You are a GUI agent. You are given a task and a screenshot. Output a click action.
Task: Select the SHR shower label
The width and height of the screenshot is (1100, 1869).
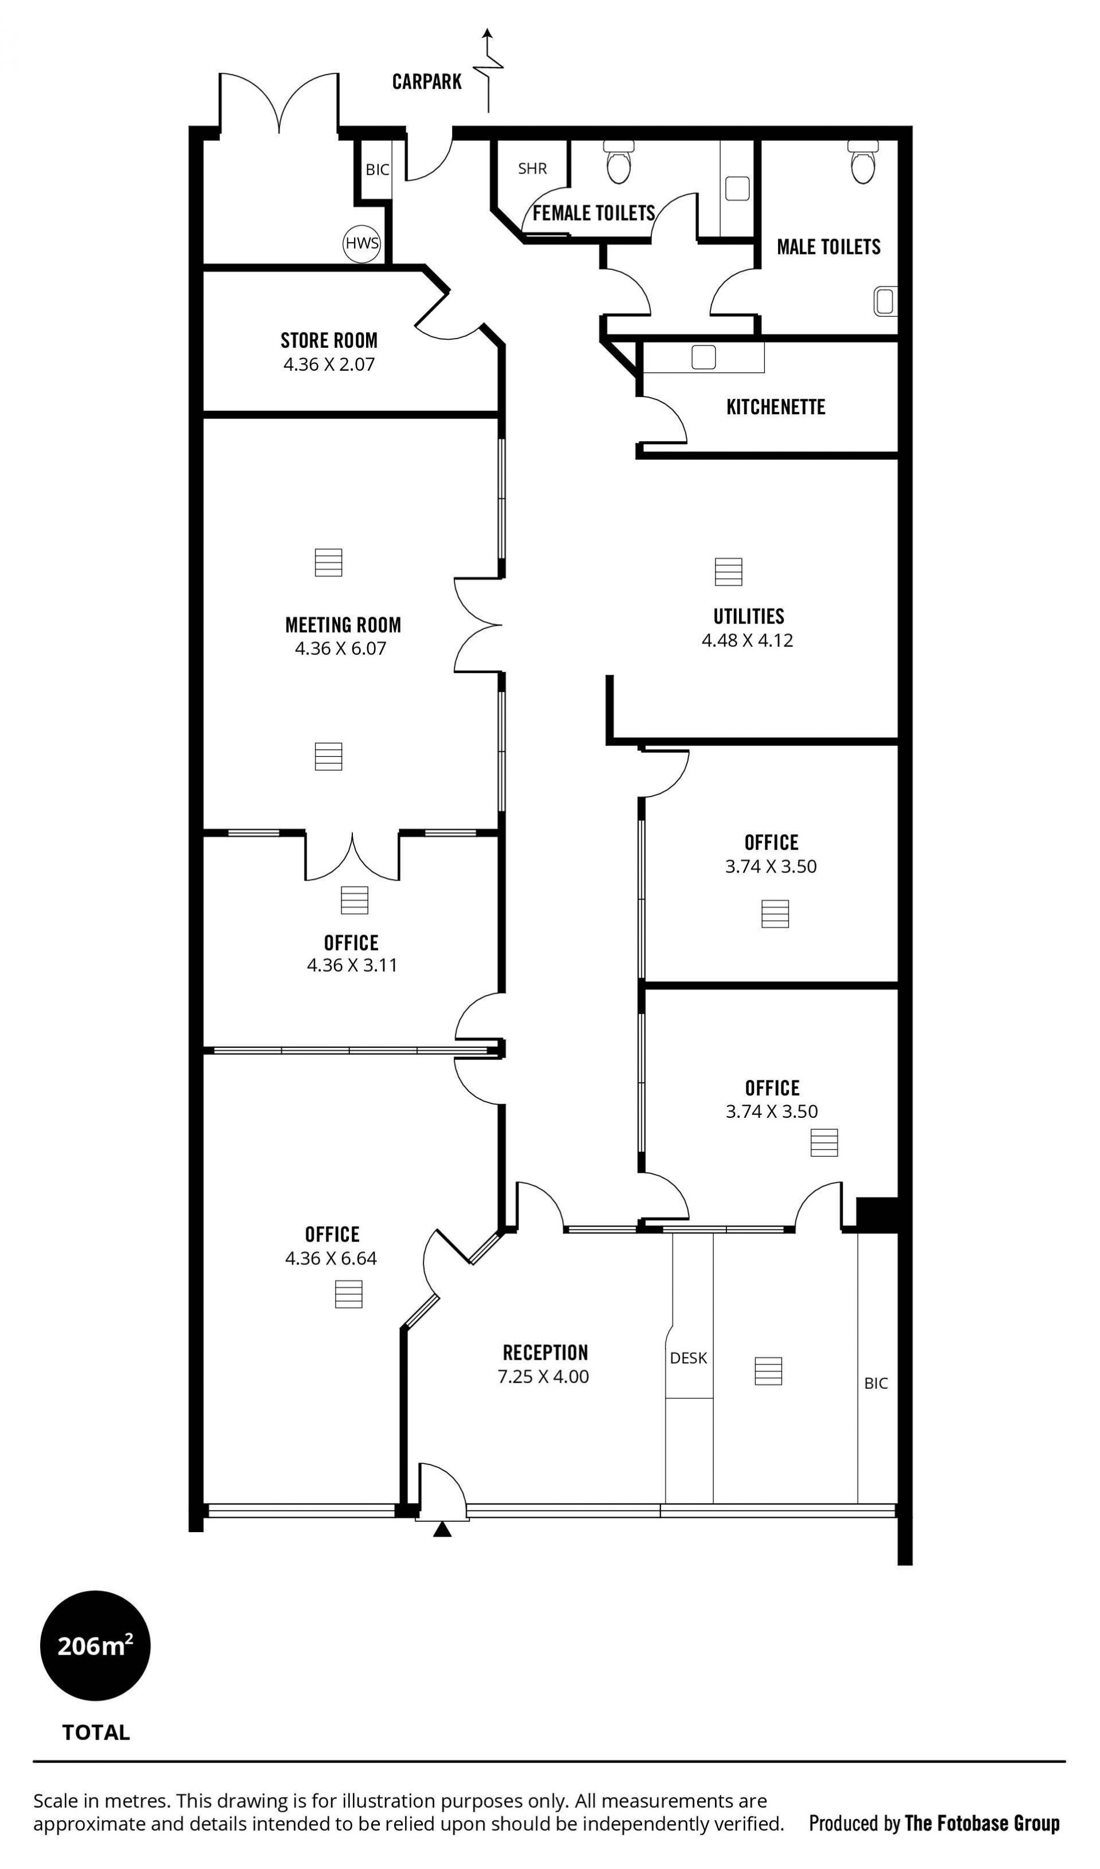click(533, 168)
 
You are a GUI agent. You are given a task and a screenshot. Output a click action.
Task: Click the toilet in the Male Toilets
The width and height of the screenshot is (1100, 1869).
click(863, 162)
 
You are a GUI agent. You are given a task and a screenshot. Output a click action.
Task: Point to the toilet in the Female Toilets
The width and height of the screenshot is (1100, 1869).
click(619, 162)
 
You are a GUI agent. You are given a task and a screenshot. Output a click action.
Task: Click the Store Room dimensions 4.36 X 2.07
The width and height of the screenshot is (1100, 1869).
click(329, 364)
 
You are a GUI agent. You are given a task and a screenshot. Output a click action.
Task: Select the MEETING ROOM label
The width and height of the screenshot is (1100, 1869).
click(343, 625)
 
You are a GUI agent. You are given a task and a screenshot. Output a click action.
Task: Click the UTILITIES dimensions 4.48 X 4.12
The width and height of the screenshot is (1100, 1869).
click(748, 640)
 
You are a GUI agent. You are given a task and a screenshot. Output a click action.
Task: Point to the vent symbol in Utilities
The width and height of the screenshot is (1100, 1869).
click(728, 571)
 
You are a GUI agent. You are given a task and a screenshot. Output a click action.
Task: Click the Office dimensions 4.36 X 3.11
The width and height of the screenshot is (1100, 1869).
click(352, 965)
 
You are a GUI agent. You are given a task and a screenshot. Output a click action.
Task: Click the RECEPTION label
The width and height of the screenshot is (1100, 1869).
click(545, 1352)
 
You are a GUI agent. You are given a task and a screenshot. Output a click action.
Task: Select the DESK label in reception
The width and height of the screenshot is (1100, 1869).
click(688, 1357)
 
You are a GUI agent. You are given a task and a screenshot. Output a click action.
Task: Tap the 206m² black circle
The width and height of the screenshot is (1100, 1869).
click(95, 1667)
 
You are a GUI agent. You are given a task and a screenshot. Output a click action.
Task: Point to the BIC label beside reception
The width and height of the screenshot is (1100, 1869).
click(876, 1383)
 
